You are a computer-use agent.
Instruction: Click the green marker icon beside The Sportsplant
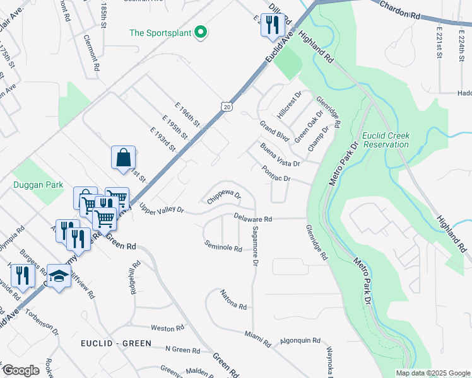(x=201, y=32)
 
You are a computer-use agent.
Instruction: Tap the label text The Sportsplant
(x=161, y=32)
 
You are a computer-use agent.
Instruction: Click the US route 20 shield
(x=226, y=108)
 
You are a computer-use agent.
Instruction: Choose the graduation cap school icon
(x=59, y=276)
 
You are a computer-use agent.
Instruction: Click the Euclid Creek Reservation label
(x=385, y=140)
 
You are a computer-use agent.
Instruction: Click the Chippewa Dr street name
(x=224, y=198)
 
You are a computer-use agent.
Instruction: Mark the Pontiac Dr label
(x=276, y=175)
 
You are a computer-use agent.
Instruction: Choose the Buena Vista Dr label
(x=280, y=154)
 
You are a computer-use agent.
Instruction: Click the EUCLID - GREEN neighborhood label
(x=115, y=343)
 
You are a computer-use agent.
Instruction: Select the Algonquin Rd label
(x=300, y=340)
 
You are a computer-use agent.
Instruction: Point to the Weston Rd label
(x=167, y=328)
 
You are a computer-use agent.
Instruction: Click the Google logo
(x=21, y=370)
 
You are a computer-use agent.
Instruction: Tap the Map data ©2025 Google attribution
(x=432, y=373)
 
